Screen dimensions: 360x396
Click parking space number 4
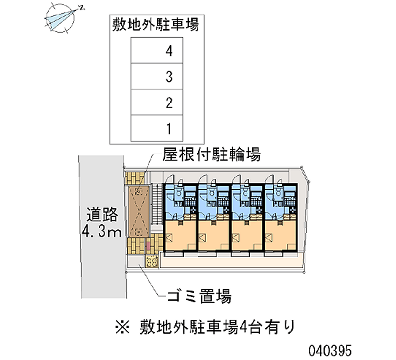156,50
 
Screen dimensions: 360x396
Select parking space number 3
156,76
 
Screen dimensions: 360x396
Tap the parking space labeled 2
156,103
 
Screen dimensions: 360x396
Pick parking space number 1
156,129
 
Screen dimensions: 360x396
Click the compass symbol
60,19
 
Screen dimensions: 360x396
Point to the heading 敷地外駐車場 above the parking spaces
156,25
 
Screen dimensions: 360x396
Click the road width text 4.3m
101,231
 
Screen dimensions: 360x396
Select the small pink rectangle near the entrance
147,245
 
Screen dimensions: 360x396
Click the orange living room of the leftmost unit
180,237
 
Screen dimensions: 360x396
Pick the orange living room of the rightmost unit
281,237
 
